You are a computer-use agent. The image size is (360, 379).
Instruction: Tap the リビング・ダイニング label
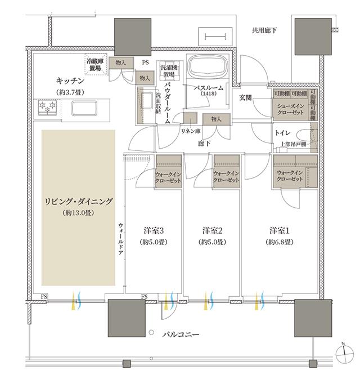pyautogui.click(x=78, y=202)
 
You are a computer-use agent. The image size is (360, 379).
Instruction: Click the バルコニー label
pyautogui.click(x=180, y=335)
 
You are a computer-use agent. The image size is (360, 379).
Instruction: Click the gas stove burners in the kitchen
pyautogui.click(x=47, y=105)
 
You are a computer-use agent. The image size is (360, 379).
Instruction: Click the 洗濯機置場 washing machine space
pyautogui.click(x=168, y=69)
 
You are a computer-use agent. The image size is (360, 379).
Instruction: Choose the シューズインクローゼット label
pyautogui.click(x=290, y=108)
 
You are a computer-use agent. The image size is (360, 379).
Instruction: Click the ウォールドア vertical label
pyautogui.click(x=120, y=240)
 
